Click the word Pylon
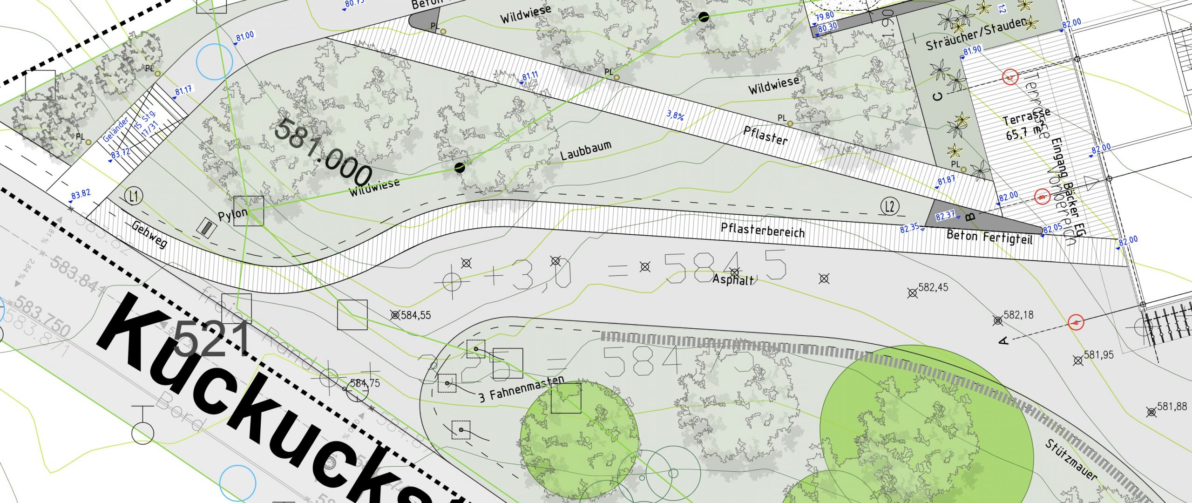[x=232, y=215]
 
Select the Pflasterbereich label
[x=762, y=230]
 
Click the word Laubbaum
[x=585, y=150]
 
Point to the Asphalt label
[x=733, y=280]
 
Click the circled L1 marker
[x=134, y=197]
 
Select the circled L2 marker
[x=890, y=206]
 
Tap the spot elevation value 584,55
[x=416, y=315]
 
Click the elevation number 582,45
[x=933, y=287]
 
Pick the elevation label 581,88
[x=1172, y=407]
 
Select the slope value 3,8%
[x=675, y=115]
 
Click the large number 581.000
[x=323, y=152]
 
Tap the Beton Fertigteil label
[x=989, y=237]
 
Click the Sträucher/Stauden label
[x=976, y=34]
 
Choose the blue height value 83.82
[x=81, y=194]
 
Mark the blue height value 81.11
[x=530, y=76]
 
